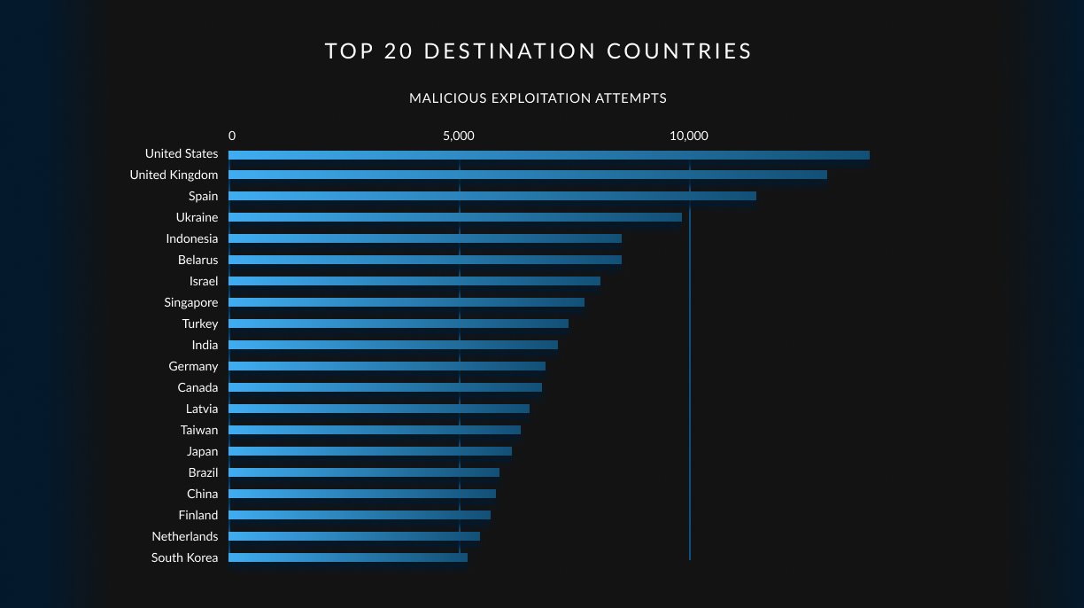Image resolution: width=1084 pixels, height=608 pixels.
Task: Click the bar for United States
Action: (549, 155)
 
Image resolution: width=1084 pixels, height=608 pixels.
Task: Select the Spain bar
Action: (492, 196)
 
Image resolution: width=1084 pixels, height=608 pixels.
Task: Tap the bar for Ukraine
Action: (455, 217)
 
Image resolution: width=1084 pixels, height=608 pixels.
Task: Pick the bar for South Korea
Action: (348, 557)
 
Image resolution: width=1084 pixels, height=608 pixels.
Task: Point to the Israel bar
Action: (414, 281)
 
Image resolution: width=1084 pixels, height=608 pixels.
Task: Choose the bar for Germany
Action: (387, 366)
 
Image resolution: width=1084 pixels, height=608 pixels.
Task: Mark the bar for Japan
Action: (370, 451)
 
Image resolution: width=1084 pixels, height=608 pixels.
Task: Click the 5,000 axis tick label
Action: (459, 136)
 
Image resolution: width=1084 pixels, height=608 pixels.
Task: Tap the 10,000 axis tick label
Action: (689, 136)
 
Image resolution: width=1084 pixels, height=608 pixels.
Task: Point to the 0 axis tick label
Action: (232, 136)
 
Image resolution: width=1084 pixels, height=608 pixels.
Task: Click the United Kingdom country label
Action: (174, 175)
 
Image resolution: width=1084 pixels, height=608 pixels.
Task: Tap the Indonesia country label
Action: (191, 238)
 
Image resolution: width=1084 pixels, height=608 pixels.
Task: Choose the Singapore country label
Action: (190, 302)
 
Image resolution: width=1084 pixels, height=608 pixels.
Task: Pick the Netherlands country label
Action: (184, 536)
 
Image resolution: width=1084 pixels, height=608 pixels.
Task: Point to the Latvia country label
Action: (202, 409)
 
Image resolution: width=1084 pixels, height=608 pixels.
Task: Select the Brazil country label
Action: (203, 472)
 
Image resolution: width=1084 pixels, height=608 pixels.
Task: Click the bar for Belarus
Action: (425, 260)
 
